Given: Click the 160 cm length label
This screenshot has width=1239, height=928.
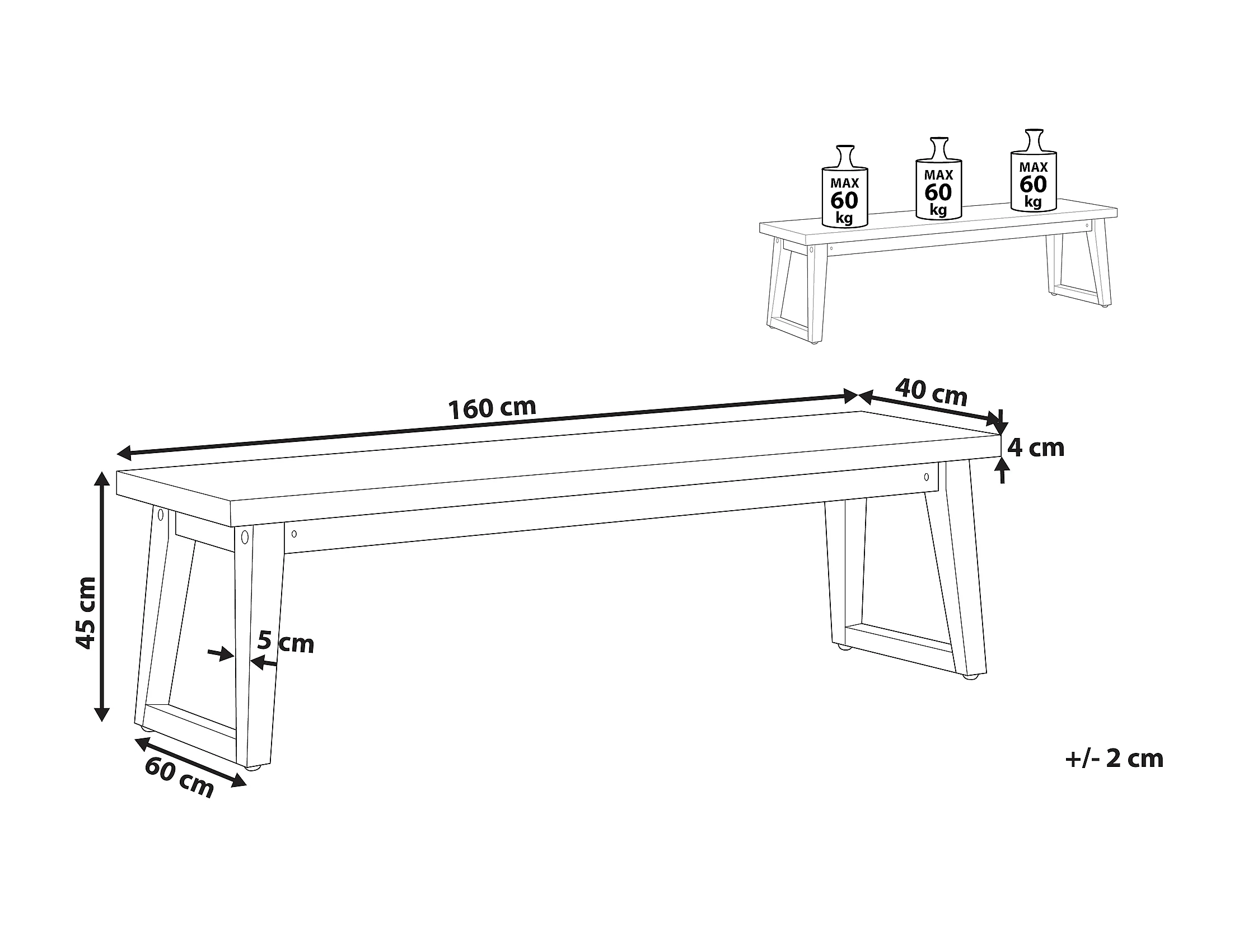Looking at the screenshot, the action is [x=492, y=408].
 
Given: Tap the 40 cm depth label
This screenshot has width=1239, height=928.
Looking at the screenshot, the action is [x=931, y=392].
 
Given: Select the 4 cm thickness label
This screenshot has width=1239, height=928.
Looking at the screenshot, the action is [x=1036, y=447].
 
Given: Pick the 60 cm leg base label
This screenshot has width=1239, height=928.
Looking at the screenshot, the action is [x=179, y=778].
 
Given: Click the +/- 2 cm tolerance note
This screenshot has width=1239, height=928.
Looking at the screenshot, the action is [x=1114, y=759].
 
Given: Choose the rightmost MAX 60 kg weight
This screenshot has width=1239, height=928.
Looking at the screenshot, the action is [x=1034, y=170].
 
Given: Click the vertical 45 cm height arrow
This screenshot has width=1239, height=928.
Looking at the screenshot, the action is [x=101, y=596].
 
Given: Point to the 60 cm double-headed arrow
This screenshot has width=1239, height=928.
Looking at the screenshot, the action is [x=191, y=762].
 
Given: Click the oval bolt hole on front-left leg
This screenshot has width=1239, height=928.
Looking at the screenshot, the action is [x=244, y=538].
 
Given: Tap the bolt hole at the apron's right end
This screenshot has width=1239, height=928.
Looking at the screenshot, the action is [x=926, y=478].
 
